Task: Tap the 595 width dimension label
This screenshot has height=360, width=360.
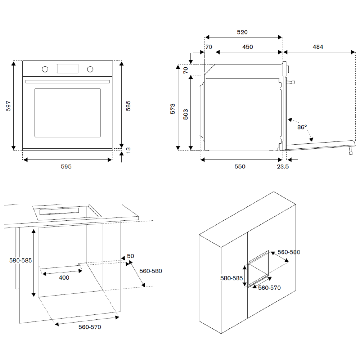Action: (x=66, y=167)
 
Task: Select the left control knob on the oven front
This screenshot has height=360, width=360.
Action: (x=45, y=69)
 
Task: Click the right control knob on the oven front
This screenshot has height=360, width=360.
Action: (x=90, y=69)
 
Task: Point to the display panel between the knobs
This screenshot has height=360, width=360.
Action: (x=67, y=68)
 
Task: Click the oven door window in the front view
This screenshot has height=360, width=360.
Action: (x=67, y=113)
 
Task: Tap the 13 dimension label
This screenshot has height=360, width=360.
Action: (x=129, y=149)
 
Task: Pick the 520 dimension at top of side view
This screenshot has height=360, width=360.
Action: (x=242, y=32)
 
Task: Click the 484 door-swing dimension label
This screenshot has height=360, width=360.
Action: (x=318, y=47)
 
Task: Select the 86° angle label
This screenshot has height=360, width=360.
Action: (x=302, y=127)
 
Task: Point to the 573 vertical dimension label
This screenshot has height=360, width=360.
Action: (x=173, y=109)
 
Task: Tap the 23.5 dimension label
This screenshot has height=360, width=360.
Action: (x=283, y=167)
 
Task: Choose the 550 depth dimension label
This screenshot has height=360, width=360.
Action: (x=240, y=167)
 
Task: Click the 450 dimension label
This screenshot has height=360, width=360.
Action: (x=247, y=47)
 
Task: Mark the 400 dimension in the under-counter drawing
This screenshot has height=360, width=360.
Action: (x=64, y=278)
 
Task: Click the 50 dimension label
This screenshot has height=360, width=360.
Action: (x=130, y=256)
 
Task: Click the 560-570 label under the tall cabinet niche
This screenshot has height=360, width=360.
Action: (x=269, y=288)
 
